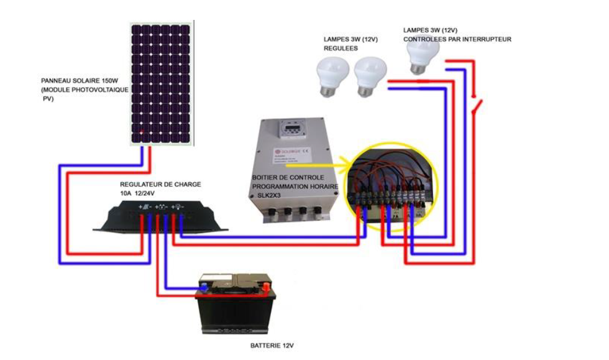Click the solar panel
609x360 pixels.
(161, 84)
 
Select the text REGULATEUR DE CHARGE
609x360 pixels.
(160, 185)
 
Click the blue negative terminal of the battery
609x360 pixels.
(203, 287)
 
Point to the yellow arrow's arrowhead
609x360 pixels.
(342, 166)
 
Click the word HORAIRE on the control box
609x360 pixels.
(322, 186)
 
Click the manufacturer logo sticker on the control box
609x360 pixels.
(287, 151)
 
